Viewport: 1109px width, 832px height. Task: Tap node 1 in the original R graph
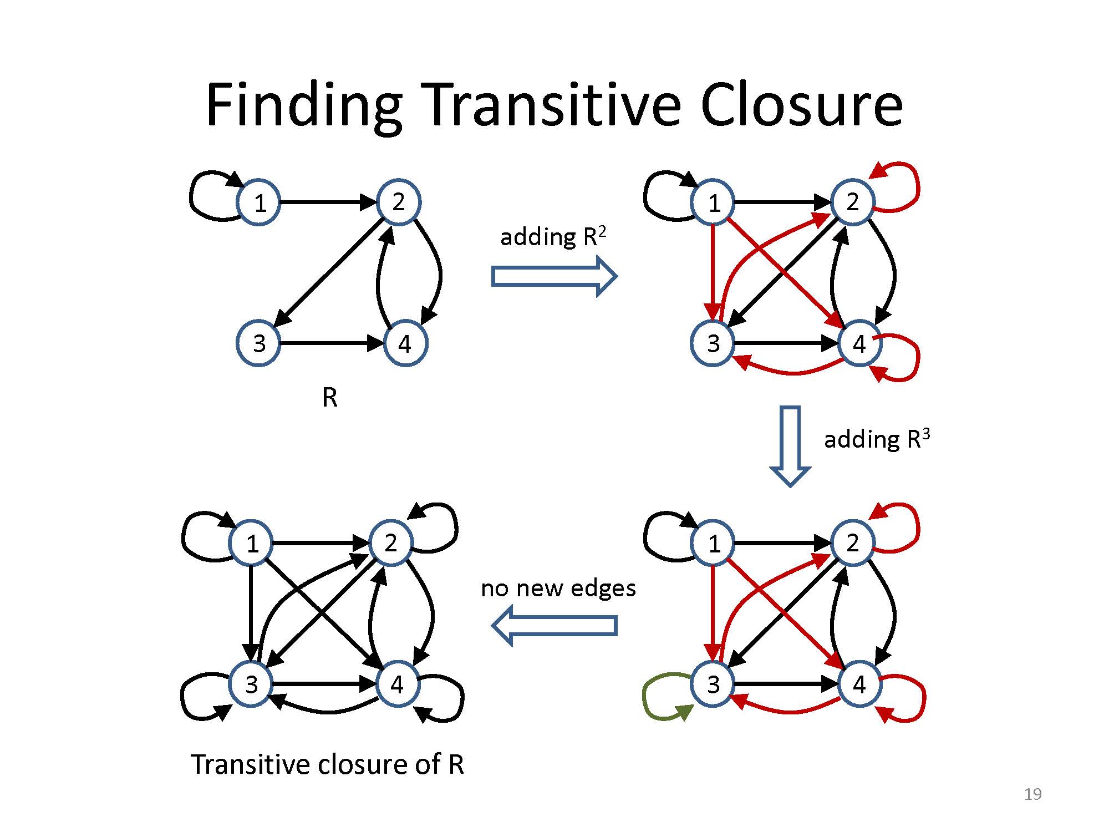point(259,203)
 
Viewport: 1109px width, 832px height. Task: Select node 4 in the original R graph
point(405,344)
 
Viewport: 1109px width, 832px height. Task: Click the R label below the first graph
point(329,397)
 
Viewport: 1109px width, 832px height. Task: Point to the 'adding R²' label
point(553,237)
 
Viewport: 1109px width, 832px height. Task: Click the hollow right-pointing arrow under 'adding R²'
point(554,276)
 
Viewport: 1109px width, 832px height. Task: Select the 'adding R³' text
point(876,440)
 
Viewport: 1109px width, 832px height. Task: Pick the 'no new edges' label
point(558,588)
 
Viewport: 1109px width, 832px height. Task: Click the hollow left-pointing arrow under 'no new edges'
point(554,625)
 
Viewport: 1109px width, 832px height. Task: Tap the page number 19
point(1032,794)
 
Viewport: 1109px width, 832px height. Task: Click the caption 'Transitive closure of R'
point(327,764)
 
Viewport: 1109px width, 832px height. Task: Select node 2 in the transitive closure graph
point(391,543)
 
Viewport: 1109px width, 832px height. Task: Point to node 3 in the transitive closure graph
point(252,684)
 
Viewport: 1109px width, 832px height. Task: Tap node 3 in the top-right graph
point(713,344)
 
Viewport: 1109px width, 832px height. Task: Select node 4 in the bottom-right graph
point(859,684)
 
